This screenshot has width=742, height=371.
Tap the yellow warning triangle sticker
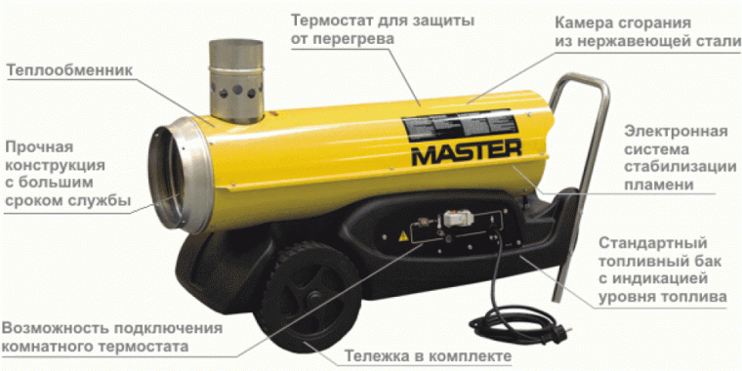click(x=401, y=236)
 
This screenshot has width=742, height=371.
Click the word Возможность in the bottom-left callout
click(x=60, y=328)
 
